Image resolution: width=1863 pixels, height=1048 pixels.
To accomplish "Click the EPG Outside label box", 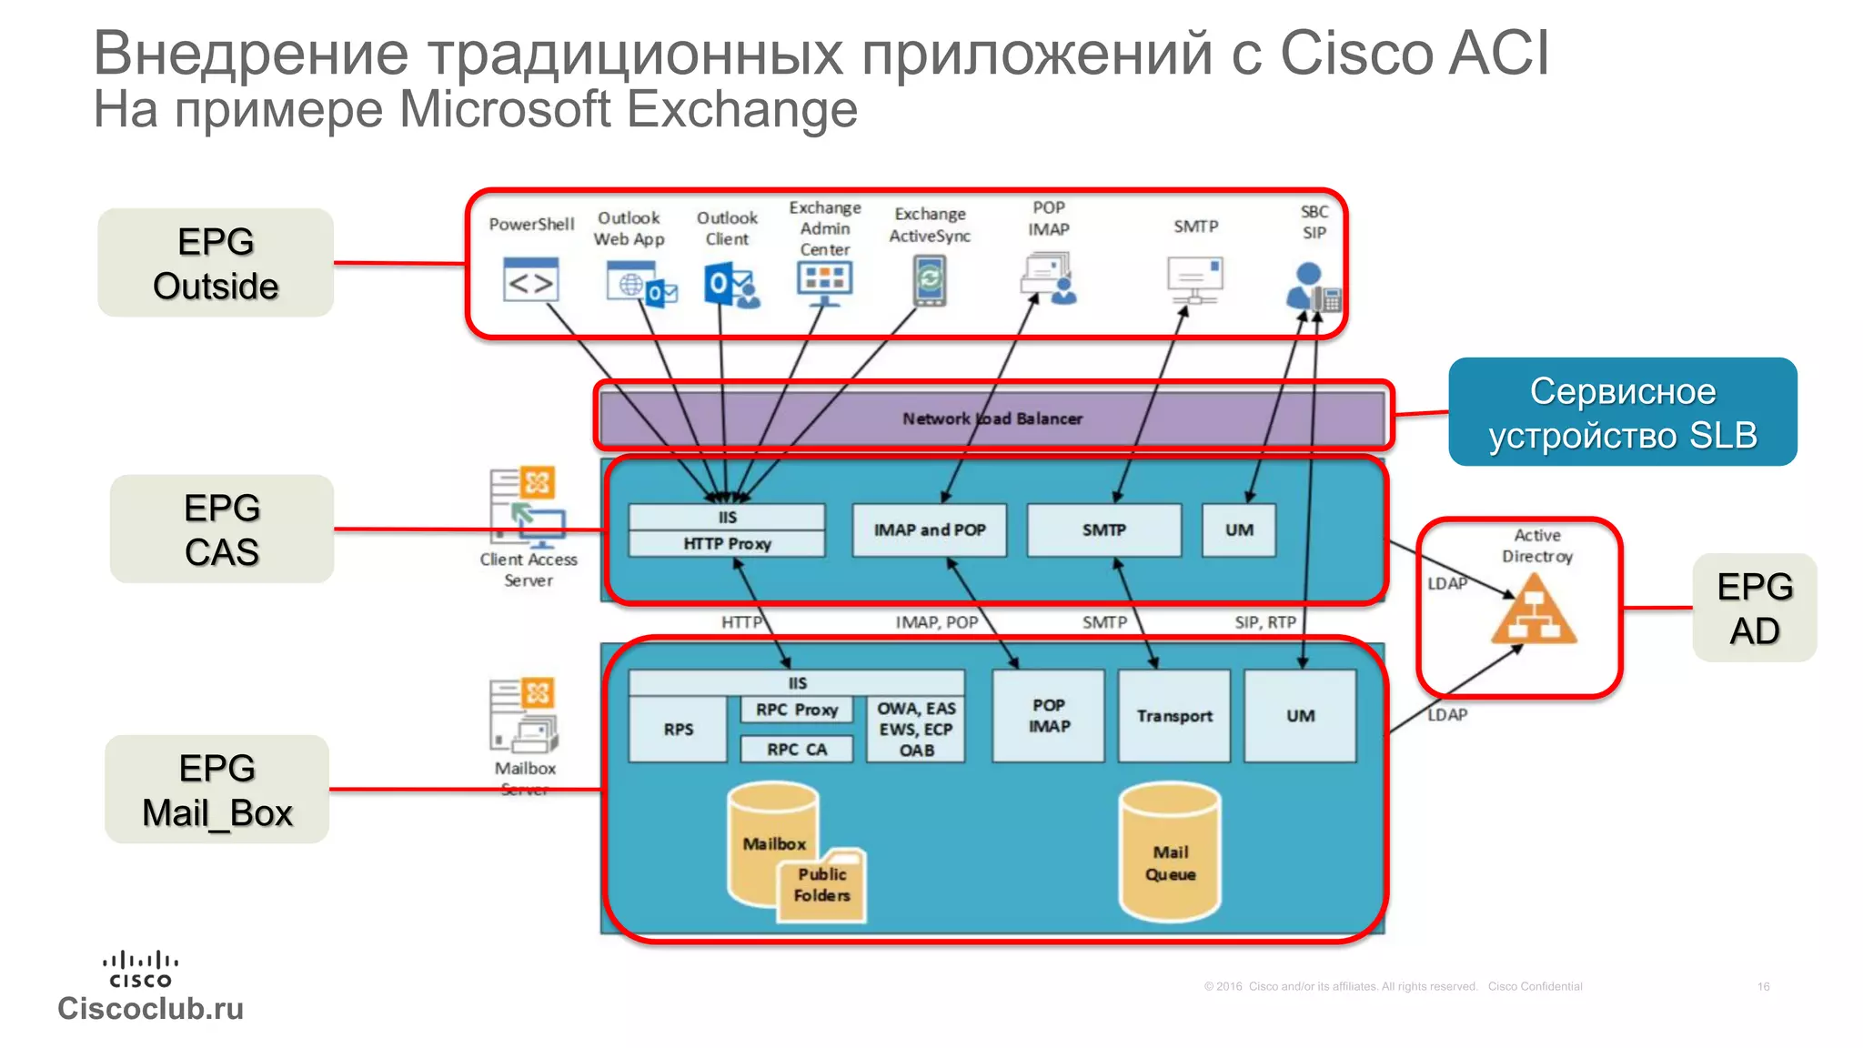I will [216, 263].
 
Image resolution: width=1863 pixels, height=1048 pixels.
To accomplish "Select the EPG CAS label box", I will [222, 529].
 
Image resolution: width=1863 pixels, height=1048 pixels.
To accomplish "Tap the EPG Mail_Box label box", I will [217, 790].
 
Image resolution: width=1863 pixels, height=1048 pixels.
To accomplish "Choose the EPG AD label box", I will [1754, 608].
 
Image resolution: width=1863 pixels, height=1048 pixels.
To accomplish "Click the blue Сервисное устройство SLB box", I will [1622, 412].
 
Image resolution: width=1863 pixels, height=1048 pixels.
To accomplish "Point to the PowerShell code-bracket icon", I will [530, 281].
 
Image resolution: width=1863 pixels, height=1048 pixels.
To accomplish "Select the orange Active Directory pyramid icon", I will [1534, 611].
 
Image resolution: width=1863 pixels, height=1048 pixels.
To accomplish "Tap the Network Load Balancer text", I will [992, 418].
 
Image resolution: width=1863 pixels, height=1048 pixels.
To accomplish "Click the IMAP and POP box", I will [929, 529].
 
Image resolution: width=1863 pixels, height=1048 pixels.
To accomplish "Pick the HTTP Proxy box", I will [727, 544].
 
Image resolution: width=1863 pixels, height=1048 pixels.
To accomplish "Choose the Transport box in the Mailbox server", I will [1173, 716].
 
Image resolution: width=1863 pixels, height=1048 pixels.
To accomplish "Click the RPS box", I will [678, 729].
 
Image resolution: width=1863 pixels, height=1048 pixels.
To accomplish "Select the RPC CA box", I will [797, 749].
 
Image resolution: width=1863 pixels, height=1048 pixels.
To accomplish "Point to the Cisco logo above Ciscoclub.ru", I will [140, 969].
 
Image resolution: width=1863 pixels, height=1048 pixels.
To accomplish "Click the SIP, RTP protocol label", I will [1264, 622].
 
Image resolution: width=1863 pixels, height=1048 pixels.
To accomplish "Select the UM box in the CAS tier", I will [1238, 529].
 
